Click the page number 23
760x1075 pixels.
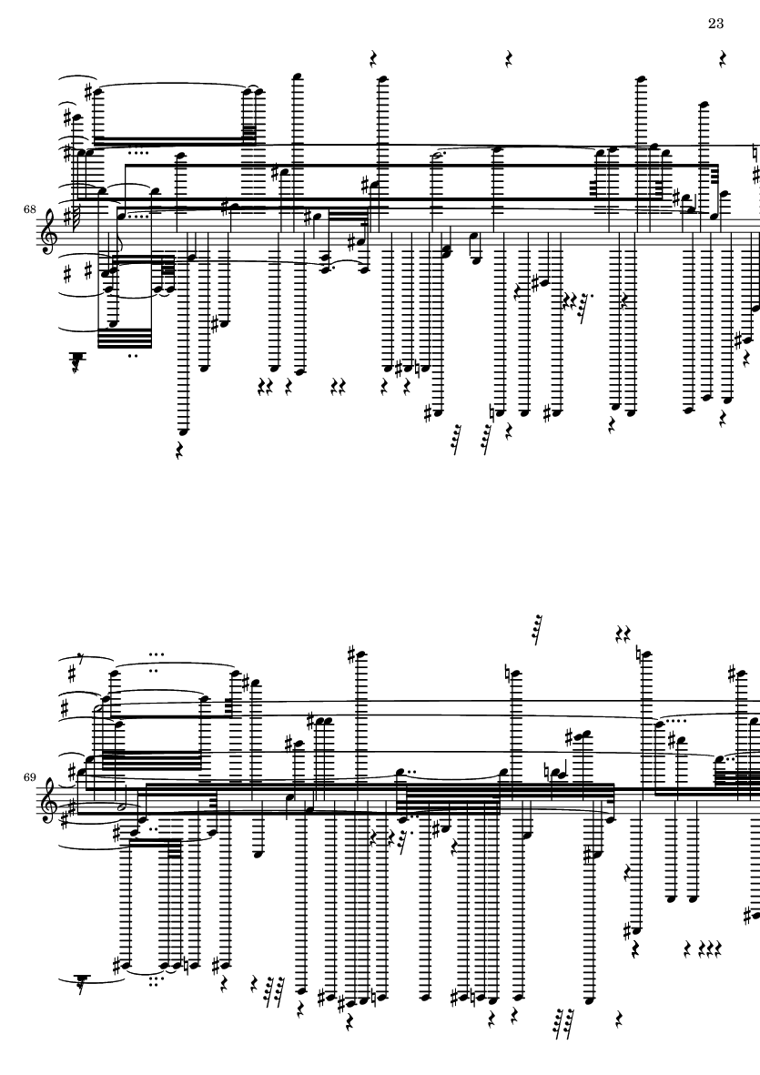point(714,24)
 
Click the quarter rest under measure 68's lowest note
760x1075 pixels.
point(181,451)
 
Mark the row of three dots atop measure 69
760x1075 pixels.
point(156,654)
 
